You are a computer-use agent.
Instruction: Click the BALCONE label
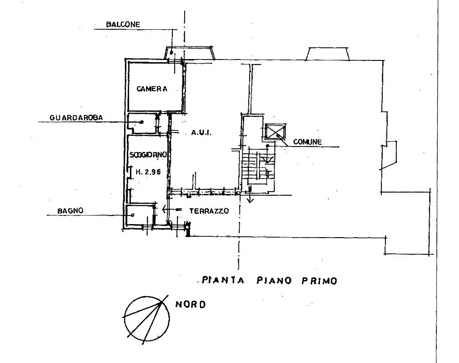coord(123,24)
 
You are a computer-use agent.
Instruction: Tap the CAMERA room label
coord(152,89)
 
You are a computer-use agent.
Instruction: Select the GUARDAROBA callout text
coord(76,118)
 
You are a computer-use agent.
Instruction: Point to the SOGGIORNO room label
coord(148,154)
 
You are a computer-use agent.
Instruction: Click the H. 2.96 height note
coord(148,172)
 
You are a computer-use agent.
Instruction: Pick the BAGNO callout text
coord(70,211)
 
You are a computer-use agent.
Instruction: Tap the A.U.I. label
coord(201,133)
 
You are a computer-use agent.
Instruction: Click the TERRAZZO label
coord(209,211)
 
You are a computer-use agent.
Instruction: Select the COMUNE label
coord(307,142)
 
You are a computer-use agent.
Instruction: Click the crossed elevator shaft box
coord(275,132)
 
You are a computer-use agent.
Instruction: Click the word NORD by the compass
coord(190,304)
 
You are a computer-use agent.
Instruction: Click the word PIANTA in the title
coord(223,280)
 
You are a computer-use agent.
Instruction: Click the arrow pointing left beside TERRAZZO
coord(172,209)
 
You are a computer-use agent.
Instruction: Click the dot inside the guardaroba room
coord(142,122)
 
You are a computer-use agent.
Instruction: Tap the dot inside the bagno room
coord(133,215)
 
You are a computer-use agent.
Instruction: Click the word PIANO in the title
coord(274,280)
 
